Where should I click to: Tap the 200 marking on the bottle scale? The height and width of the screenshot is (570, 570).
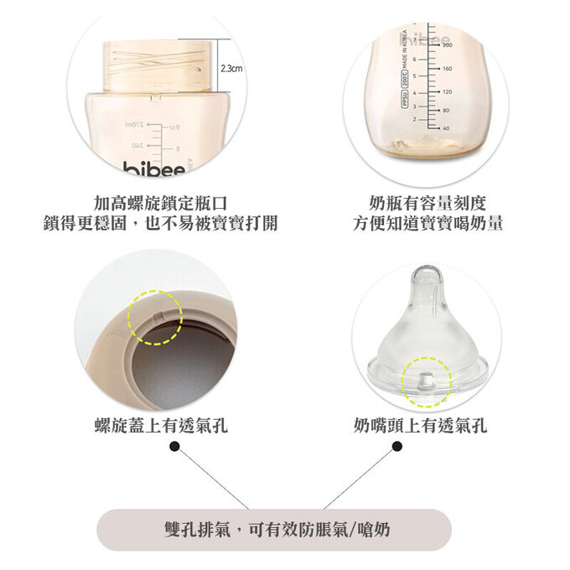click(446, 44)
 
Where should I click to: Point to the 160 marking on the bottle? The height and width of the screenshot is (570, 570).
click(446, 68)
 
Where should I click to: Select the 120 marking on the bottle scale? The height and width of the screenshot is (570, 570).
click(446, 91)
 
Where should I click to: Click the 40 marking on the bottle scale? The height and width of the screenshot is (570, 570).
click(446, 128)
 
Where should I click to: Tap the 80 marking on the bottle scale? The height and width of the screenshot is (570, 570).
click(446, 110)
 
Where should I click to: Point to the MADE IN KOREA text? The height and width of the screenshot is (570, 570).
click(405, 50)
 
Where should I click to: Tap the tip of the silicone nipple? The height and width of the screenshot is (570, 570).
click(427, 274)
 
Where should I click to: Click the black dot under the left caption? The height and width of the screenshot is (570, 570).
click(174, 447)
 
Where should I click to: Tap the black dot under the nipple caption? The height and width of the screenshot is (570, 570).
click(396, 447)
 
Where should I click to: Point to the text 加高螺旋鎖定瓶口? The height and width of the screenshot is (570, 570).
click(160, 203)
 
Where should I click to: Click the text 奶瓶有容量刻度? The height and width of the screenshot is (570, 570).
click(427, 203)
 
